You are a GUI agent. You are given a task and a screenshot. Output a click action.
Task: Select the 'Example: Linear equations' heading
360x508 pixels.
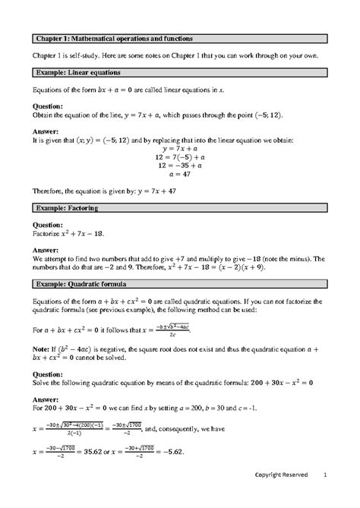point(76,72)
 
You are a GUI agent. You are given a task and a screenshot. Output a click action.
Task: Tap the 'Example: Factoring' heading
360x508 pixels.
point(65,207)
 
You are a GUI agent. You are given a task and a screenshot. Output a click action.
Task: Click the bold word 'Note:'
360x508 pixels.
point(42,348)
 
